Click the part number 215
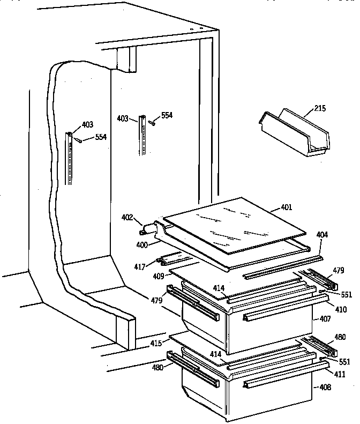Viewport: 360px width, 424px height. pos(320,108)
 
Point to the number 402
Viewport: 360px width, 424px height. pos(127,218)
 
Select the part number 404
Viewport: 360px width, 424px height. pos(322,235)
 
